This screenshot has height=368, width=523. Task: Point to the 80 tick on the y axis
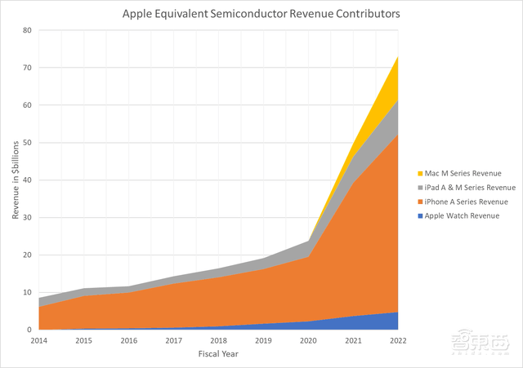(26, 30)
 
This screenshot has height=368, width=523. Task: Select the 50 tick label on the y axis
(26, 143)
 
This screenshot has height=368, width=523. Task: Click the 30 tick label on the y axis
(26, 218)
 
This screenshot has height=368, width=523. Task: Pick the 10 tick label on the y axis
(26, 292)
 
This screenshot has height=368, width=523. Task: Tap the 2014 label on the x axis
(38, 339)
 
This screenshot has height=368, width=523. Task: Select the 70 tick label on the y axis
(26, 68)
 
